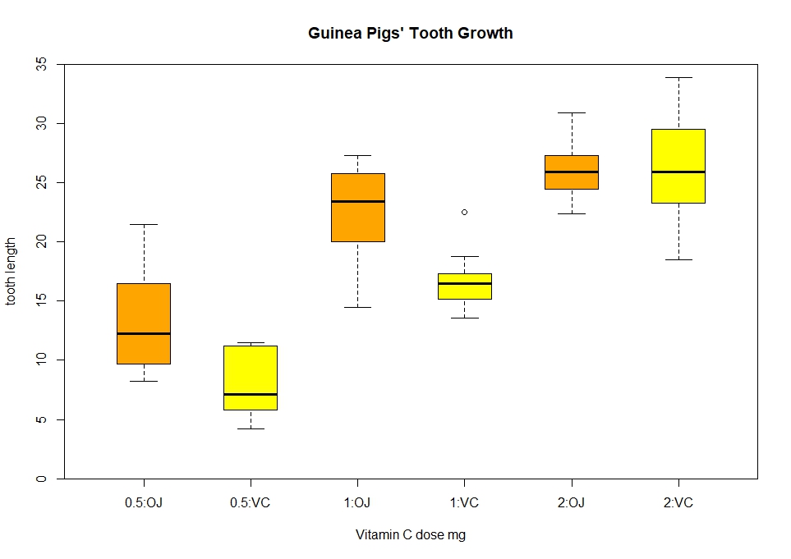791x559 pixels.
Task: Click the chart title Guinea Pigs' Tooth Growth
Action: tap(411, 34)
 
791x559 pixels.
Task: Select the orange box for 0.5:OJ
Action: tap(144, 312)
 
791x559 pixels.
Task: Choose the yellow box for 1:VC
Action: tap(464, 291)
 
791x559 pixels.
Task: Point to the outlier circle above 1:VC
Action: tap(464, 212)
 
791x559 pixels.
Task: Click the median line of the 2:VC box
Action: tap(678, 172)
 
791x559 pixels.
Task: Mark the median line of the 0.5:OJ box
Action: tap(144, 333)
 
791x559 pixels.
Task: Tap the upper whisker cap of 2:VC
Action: tap(678, 77)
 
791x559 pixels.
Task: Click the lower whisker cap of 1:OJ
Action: tap(357, 307)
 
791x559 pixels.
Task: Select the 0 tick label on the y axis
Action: tap(41, 479)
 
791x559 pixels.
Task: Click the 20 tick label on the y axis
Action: tap(41, 241)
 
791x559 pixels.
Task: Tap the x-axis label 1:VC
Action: tap(464, 503)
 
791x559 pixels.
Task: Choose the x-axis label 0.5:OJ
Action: tap(144, 503)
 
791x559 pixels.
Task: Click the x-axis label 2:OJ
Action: tap(572, 503)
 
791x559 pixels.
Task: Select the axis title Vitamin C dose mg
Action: tap(411, 535)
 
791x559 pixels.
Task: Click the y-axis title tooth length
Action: tap(11, 271)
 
